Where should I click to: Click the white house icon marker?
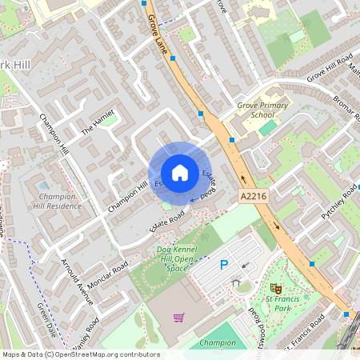179,172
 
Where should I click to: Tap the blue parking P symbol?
223,265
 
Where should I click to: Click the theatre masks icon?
277,287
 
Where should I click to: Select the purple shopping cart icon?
178,318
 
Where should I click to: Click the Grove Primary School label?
256,110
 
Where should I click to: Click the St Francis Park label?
270,302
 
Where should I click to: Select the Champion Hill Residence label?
58,201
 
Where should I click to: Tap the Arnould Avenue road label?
78,281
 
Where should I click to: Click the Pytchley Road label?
338,204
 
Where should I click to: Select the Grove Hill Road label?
329,67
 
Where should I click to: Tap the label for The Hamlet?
98,122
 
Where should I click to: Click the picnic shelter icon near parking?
236,281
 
